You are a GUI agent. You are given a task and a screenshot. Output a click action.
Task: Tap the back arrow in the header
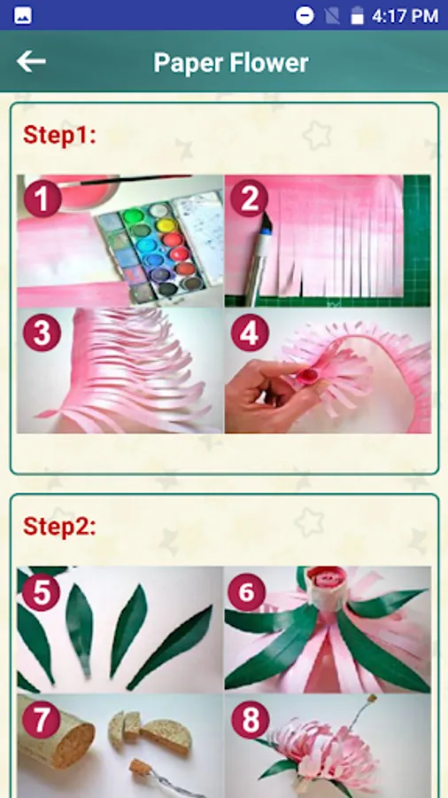point(31,61)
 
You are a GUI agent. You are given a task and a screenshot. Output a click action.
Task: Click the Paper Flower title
point(231,63)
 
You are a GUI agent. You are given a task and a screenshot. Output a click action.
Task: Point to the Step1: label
point(59,136)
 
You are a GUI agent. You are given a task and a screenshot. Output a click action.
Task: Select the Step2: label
point(59,526)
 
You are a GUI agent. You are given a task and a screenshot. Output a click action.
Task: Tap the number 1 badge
point(42,199)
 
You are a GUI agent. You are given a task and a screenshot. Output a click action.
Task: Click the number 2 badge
point(250,199)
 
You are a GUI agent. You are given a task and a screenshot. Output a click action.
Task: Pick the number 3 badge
point(42,332)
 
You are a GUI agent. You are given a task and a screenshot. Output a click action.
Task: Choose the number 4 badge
point(250,332)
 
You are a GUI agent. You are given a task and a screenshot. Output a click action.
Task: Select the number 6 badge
point(247,592)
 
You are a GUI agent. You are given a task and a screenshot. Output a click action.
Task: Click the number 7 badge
point(42,720)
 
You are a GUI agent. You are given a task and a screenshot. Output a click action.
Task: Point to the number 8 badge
point(250,720)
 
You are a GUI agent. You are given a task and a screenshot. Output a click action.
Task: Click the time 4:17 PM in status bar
point(405,16)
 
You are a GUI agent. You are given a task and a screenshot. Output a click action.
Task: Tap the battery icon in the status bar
point(358,15)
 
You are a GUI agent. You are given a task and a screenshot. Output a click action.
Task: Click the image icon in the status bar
point(23,16)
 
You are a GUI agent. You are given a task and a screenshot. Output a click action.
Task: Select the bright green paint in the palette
point(133,215)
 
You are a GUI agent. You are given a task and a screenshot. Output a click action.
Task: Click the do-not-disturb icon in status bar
point(305,16)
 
